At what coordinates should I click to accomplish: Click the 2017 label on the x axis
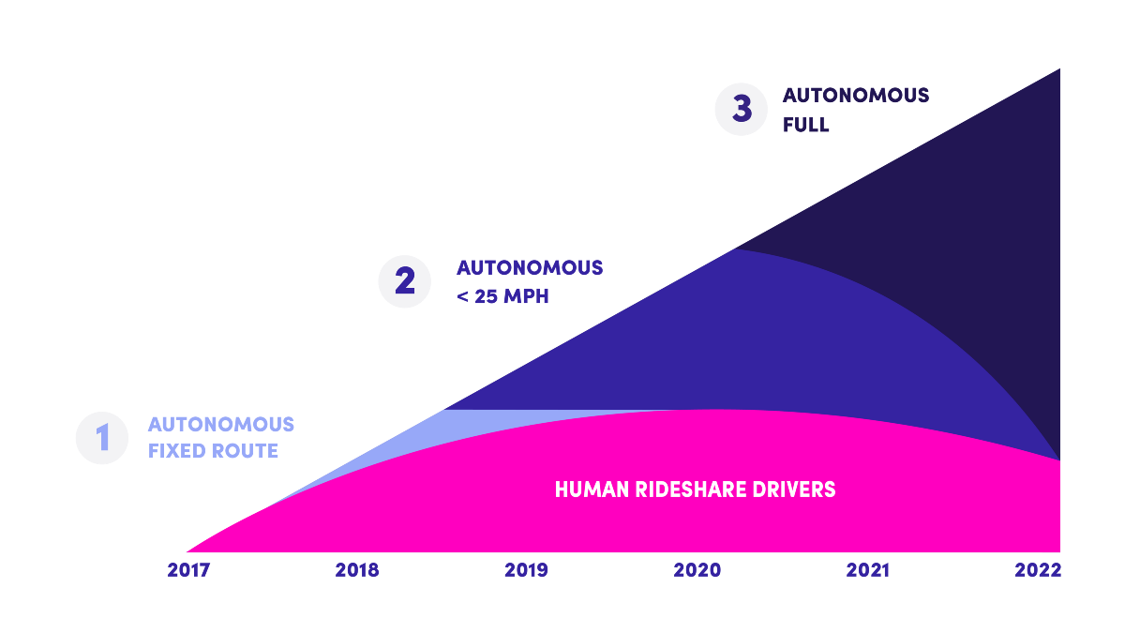(x=189, y=570)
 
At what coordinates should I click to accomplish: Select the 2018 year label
(x=357, y=570)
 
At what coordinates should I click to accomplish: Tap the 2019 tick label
(x=526, y=570)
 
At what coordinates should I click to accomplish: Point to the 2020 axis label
(x=697, y=570)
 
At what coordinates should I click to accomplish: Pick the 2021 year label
(x=868, y=570)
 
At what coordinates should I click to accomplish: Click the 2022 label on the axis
(x=1038, y=570)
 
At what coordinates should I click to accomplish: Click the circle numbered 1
(x=102, y=438)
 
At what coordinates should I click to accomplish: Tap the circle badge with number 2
(x=404, y=281)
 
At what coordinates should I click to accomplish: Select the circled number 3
(x=742, y=109)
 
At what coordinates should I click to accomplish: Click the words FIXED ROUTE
(x=214, y=451)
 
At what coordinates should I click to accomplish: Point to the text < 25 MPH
(x=502, y=297)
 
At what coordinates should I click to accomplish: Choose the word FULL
(x=806, y=125)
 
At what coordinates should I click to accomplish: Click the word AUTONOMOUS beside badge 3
(x=856, y=96)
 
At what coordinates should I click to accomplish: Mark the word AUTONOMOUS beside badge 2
(x=530, y=268)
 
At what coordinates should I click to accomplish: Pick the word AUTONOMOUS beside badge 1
(x=221, y=425)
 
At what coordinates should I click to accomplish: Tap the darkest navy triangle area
(x=994, y=234)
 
